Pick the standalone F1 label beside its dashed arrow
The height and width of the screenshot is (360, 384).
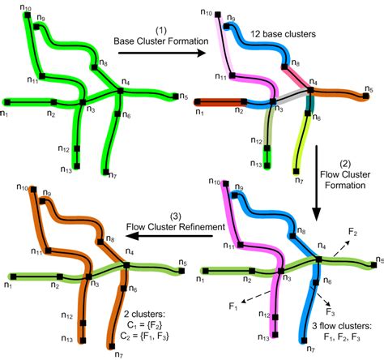click(233, 306)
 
